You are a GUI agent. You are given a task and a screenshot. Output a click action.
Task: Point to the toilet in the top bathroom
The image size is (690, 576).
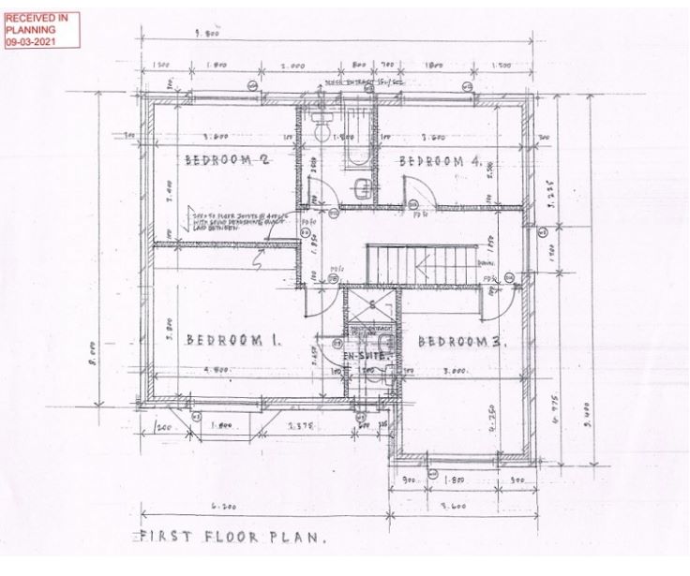pos(320,130)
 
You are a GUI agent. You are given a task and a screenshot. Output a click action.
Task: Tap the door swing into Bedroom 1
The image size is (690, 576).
pos(319,298)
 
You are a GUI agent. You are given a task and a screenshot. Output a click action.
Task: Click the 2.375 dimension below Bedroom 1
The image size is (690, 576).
pos(301,426)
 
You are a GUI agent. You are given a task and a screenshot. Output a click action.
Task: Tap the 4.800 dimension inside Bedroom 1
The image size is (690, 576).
pos(221,371)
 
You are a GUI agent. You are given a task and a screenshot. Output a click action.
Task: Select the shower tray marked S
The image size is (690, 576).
pos(370,305)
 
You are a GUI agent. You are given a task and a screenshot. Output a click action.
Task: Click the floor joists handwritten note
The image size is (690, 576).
pos(225,222)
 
